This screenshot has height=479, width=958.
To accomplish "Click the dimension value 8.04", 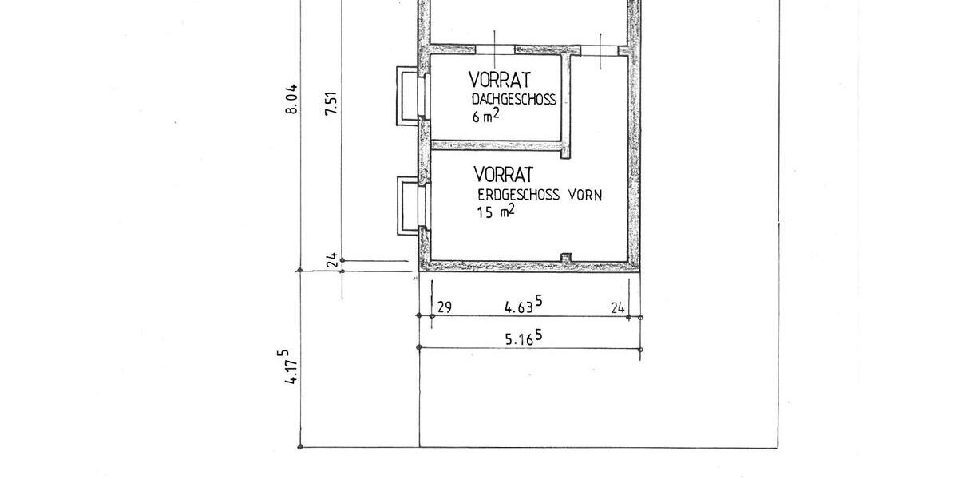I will (292, 98).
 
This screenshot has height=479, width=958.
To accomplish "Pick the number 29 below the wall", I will (445, 306).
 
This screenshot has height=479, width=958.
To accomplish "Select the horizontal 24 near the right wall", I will (617, 306).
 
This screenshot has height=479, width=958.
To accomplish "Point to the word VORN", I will (585, 194).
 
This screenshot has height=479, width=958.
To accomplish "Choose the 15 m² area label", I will (495, 212).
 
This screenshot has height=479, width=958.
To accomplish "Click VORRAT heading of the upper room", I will (500, 80).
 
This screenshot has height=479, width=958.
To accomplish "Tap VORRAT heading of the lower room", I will (503, 174).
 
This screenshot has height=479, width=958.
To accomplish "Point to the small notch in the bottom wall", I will (566, 256).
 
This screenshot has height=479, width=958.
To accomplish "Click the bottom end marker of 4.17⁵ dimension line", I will (299, 447).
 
